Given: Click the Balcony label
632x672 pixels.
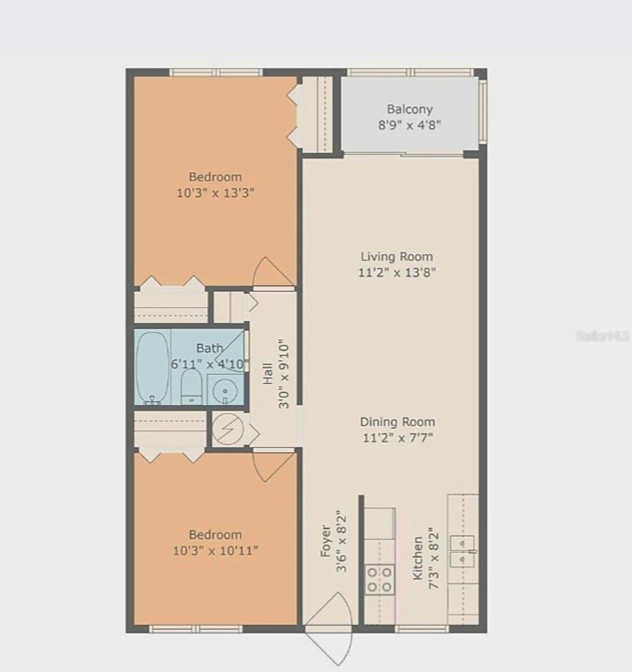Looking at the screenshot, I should (410, 109).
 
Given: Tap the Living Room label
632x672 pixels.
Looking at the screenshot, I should (397, 257).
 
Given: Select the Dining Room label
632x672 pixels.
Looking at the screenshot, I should (397, 422).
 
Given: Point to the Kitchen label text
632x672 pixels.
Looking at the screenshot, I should (418, 558).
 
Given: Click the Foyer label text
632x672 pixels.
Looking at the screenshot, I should (325, 541).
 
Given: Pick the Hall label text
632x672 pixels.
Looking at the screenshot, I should (268, 374).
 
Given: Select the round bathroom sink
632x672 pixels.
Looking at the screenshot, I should (225, 390).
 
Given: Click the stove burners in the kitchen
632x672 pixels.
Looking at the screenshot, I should (379, 580).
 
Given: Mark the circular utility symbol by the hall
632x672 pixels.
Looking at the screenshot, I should (227, 429).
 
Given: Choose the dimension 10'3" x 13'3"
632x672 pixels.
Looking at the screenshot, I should (215, 193).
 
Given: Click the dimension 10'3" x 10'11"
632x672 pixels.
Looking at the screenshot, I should (215, 551).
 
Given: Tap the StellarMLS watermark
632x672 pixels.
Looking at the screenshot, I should (602, 336).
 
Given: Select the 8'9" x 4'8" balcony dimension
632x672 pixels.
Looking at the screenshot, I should (410, 125).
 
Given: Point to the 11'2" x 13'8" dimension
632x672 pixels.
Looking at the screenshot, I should (397, 272).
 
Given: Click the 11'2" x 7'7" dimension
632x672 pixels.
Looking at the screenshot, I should (397, 438).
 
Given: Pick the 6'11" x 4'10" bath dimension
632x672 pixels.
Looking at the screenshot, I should (210, 364).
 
